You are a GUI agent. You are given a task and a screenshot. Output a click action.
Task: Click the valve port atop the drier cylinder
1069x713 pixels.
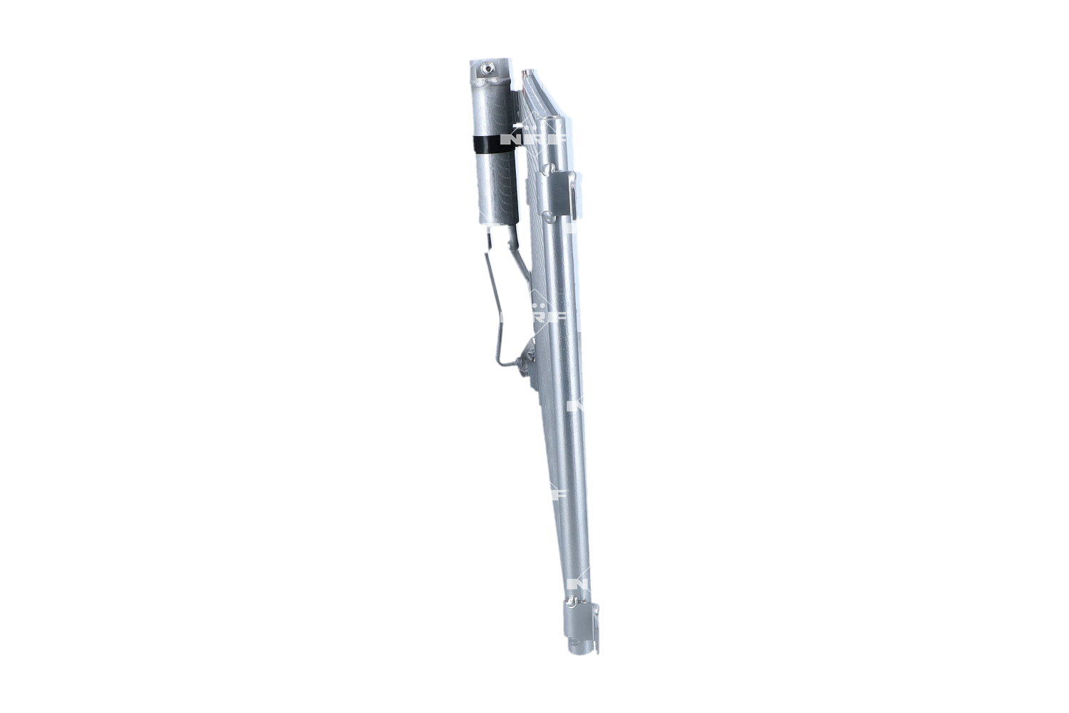(x=487, y=68)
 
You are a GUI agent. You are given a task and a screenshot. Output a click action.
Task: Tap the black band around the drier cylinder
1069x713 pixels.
(x=491, y=143)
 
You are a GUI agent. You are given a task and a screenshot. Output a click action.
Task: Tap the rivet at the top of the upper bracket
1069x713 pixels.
(x=548, y=169)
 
